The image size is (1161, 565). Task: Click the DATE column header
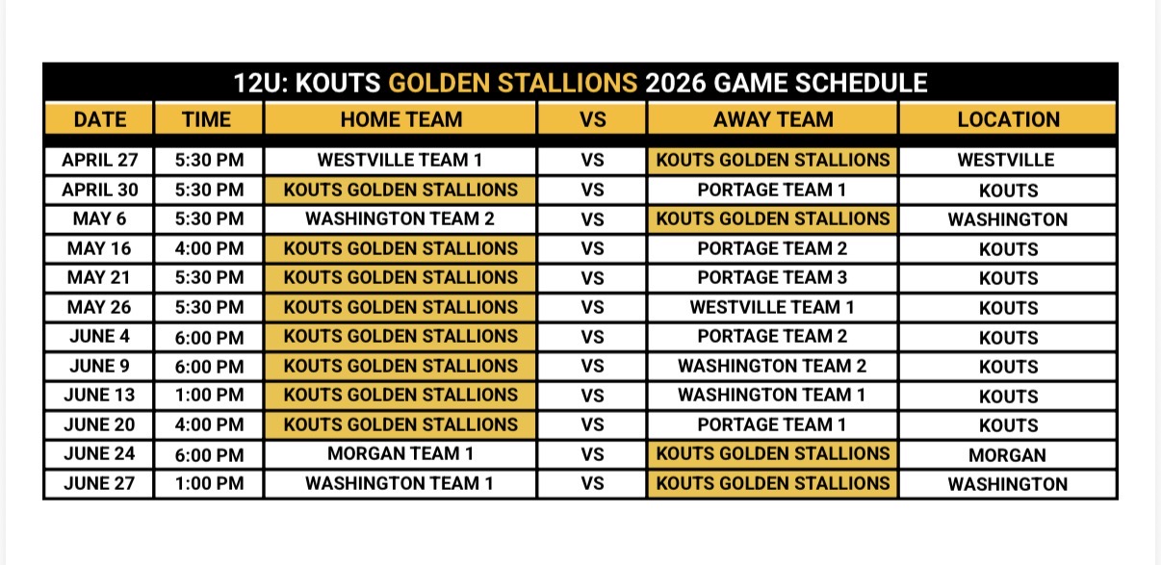99,119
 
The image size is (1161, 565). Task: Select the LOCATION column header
1008,119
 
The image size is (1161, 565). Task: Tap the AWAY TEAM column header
772,119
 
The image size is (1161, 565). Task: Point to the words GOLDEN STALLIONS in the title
512,83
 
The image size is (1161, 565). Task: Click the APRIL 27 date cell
99,161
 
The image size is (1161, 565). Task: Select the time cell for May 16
209,248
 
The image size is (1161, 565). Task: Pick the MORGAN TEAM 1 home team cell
400,454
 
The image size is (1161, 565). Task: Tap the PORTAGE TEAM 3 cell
772,278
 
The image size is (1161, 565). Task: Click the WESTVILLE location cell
1008,161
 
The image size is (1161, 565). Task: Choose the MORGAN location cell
1008,454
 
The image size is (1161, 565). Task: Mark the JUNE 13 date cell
99,396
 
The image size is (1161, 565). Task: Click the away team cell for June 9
772,367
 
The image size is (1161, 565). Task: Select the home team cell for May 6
400,219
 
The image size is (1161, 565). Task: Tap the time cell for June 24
209,454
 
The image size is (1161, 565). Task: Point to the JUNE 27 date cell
99,483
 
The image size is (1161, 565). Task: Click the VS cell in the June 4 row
592,337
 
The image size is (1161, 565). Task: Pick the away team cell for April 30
772,191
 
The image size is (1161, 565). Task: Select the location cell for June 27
1008,484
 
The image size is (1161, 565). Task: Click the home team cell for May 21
400,278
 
